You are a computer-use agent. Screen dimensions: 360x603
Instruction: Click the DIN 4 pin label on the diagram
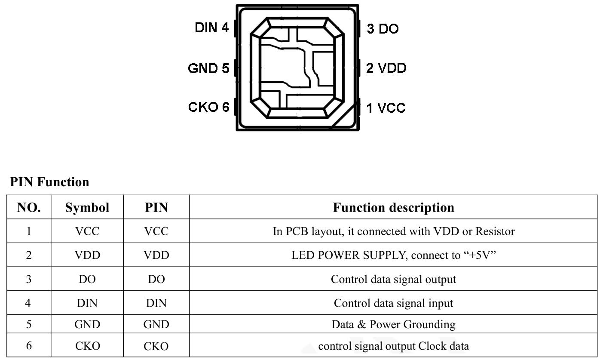tap(212, 28)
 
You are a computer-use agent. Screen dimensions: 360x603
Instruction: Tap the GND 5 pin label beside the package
tap(208, 68)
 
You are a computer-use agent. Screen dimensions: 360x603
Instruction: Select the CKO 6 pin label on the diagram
tap(209, 107)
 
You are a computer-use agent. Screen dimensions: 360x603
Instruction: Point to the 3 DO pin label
tap(383, 29)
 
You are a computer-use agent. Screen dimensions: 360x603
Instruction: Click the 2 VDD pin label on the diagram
tap(386, 68)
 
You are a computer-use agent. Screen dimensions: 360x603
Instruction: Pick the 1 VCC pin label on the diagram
tap(386, 108)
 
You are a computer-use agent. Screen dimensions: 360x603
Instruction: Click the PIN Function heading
tap(49, 182)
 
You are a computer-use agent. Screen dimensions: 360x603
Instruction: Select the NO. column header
tap(29, 207)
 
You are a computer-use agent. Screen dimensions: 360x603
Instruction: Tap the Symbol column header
tap(87, 207)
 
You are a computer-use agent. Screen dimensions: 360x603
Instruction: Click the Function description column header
tap(393, 207)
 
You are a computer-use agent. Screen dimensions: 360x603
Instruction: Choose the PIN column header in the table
tap(156, 207)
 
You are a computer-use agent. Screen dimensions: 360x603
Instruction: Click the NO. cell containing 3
tap(29, 279)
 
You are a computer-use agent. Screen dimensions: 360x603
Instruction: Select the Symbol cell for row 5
tap(87, 324)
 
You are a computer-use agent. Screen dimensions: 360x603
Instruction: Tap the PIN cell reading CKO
tap(156, 346)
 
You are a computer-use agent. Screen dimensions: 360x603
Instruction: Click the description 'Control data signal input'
tap(393, 303)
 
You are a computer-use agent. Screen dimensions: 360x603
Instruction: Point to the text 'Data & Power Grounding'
tap(393, 324)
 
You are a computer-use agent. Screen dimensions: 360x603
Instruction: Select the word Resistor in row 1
tap(495, 231)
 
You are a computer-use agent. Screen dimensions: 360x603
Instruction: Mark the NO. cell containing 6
tap(29, 346)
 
